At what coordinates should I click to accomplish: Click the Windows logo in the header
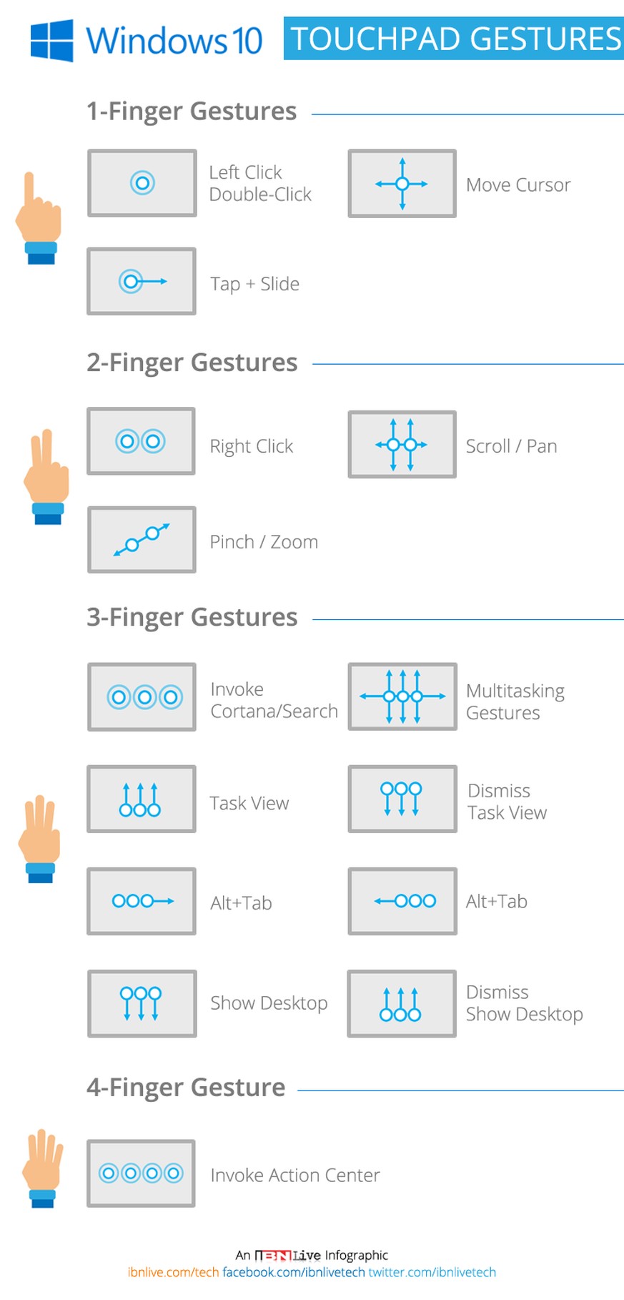coord(51,40)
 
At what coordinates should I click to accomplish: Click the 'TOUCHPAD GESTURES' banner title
coord(455,39)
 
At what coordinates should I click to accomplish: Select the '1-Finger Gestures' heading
coord(192,112)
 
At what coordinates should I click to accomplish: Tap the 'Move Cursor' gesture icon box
coord(402,184)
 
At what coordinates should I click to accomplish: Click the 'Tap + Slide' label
coord(254,284)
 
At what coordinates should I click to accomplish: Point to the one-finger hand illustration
coord(39,218)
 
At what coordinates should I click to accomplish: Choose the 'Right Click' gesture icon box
coord(141,441)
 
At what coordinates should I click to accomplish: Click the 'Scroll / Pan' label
coord(511,446)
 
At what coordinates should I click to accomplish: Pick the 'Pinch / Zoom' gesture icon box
coord(142,540)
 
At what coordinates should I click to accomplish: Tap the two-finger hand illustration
coord(46,477)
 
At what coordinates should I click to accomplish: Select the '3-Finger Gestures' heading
coord(192,617)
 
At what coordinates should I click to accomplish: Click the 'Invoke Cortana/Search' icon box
coord(142,697)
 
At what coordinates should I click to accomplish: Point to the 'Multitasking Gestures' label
coord(515,701)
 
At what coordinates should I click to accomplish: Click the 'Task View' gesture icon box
coord(141,799)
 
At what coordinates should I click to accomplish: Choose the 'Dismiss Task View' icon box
coord(402,799)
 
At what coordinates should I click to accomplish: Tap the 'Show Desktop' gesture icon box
coord(142,1003)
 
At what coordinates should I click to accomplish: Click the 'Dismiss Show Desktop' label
coord(524,1003)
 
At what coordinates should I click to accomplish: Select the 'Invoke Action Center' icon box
coord(141,1173)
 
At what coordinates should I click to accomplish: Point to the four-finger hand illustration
coord(42,1168)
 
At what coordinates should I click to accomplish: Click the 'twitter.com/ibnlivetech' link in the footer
coord(432,1272)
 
